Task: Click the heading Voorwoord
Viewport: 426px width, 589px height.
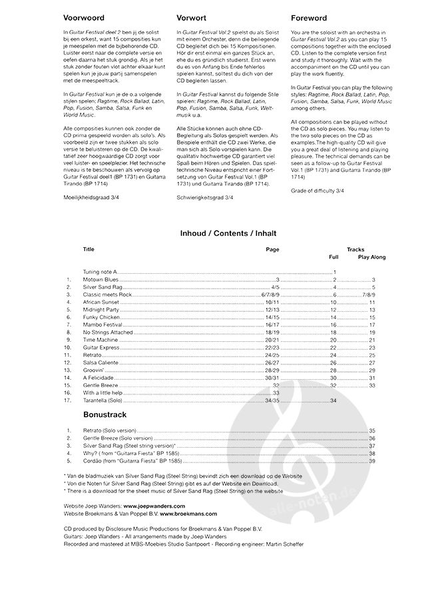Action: coord(84,18)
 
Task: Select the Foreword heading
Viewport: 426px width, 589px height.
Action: coord(309,18)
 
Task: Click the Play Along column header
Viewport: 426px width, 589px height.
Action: coord(371,257)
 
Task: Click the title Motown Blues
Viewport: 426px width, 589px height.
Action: coord(101,279)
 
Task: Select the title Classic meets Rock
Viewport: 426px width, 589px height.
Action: coord(107,294)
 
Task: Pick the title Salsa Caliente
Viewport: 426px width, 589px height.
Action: coord(102,362)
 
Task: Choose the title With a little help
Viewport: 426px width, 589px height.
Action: coord(104,393)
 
